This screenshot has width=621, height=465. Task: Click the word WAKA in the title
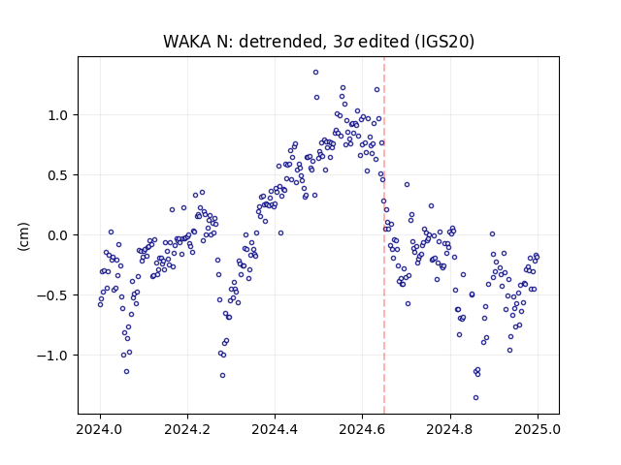[x=186, y=41]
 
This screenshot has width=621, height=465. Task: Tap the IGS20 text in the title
[x=444, y=41]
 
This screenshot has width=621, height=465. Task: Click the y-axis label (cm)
[x=23, y=236]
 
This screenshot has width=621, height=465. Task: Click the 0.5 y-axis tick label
[x=59, y=175]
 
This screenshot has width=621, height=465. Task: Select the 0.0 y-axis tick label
[x=59, y=235]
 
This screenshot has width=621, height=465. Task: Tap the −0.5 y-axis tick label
[x=54, y=295]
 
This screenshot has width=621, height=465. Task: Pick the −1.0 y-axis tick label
[x=54, y=356]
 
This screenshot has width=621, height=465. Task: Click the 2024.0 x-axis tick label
[x=100, y=429]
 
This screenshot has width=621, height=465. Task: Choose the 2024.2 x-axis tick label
[x=187, y=429]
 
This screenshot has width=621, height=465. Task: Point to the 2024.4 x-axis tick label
[x=275, y=429]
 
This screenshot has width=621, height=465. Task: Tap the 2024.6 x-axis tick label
[x=362, y=429]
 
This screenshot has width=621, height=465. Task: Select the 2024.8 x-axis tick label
[x=450, y=429]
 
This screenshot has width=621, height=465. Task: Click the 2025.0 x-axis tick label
[x=538, y=429]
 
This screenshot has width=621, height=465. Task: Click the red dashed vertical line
[x=384, y=235]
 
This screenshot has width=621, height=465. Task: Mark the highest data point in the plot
[x=315, y=72]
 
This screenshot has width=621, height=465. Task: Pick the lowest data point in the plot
[x=475, y=397]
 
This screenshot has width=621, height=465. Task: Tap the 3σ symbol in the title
[x=343, y=42]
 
